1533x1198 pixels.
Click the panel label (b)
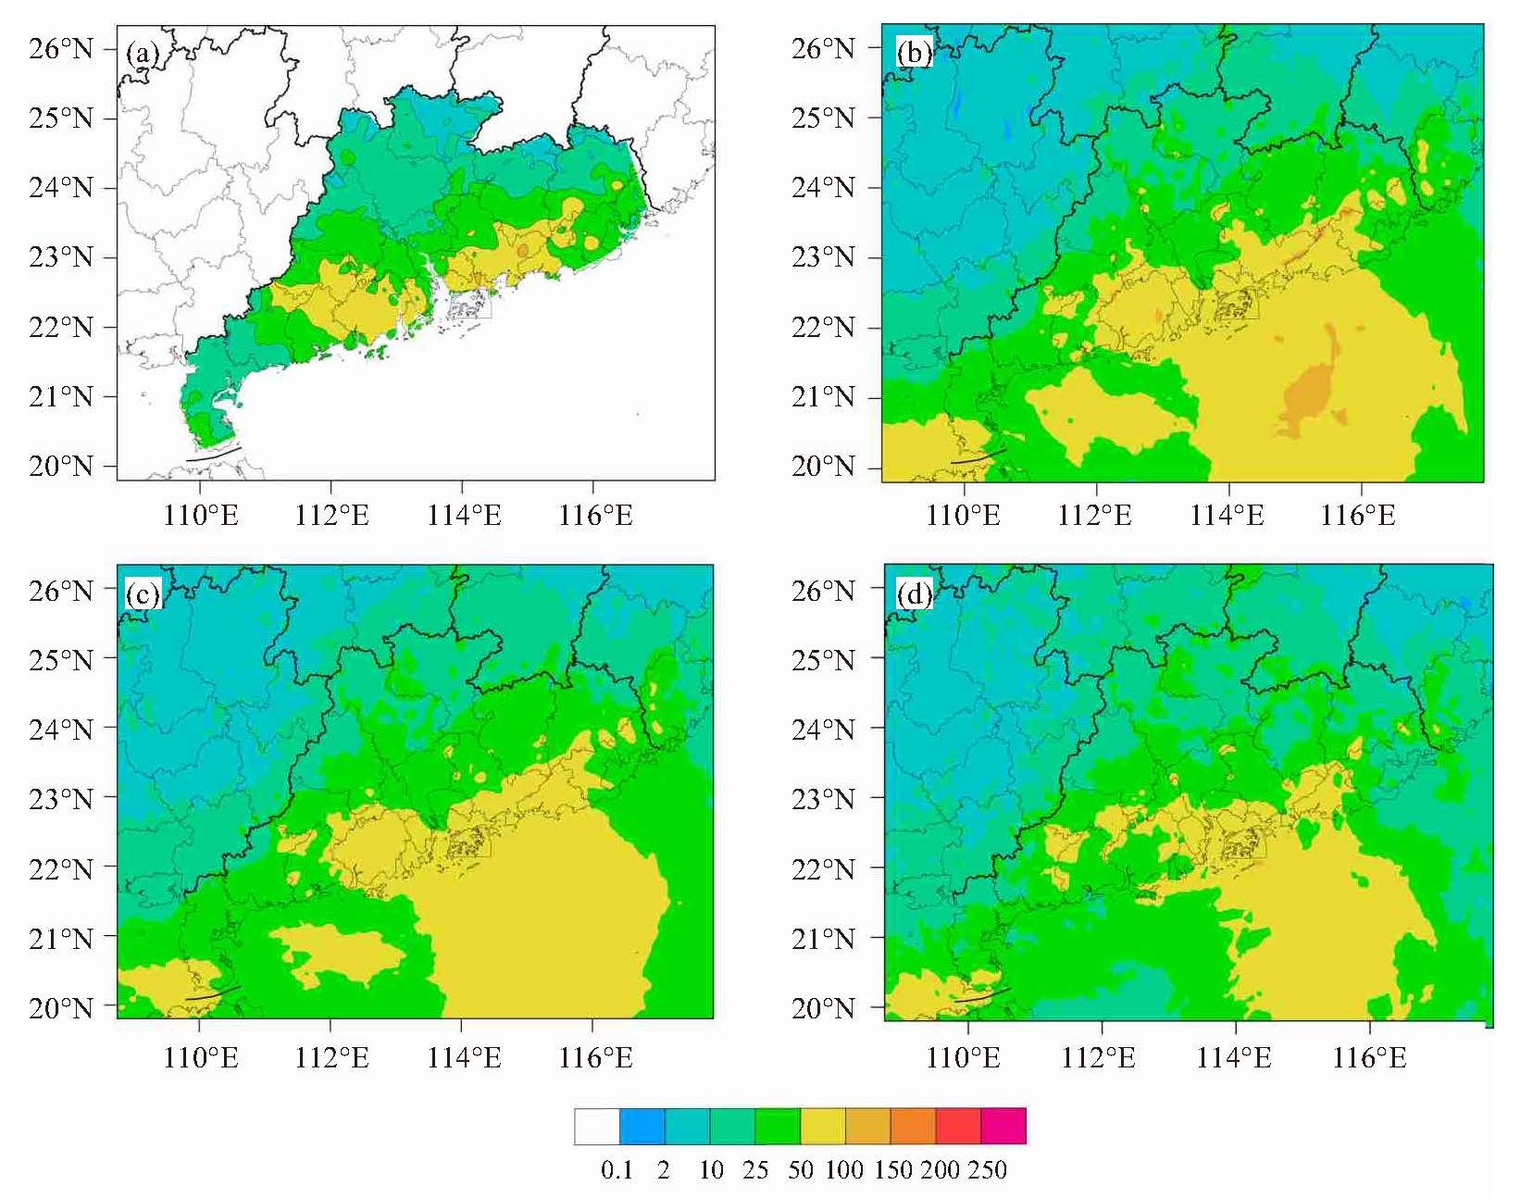[x=914, y=53]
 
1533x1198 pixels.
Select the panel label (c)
[x=143, y=594]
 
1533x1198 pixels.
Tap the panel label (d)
[x=915, y=594]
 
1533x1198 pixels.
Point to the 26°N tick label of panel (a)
[x=61, y=49]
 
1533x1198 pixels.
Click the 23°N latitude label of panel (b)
[x=823, y=257]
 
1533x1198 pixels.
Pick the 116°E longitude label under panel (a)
[x=596, y=516]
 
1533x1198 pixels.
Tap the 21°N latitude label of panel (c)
[x=61, y=939]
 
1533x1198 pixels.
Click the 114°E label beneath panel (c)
[x=464, y=1058]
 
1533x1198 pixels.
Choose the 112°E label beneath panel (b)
[x=1094, y=516]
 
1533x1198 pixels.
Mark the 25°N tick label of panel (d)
[x=823, y=660]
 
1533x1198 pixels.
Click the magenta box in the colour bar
[x=1003, y=1126]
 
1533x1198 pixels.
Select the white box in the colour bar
[x=597, y=1126]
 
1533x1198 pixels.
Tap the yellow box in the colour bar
[x=823, y=1126]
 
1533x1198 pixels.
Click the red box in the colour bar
[x=959, y=1126]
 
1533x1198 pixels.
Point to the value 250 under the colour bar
[x=986, y=1170]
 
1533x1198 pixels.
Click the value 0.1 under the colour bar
[x=617, y=1170]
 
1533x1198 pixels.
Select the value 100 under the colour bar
[x=843, y=1170]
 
